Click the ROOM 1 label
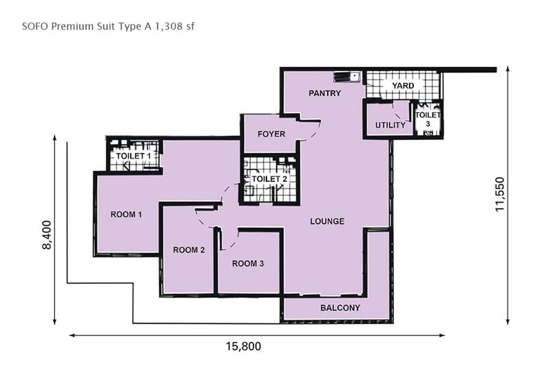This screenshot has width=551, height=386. click(x=126, y=214)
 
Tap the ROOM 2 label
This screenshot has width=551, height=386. click(x=188, y=250)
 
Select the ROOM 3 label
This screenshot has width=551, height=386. click(x=248, y=263)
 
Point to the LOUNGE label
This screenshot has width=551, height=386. click(x=326, y=221)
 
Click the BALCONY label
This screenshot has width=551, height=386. click(x=340, y=308)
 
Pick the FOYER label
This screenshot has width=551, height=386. click(x=271, y=134)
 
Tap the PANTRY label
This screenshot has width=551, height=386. click(x=324, y=93)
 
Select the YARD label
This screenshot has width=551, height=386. click(x=403, y=85)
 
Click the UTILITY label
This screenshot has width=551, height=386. click(x=390, y=125)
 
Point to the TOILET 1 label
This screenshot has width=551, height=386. click(x=134, y=156)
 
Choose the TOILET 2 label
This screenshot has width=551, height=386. click(x=269, y=179)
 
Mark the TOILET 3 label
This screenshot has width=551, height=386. click(x=428, y=119)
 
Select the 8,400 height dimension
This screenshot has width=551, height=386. click(x=47, y=236)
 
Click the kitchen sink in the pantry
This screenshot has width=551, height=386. click(x=343, y=77)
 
